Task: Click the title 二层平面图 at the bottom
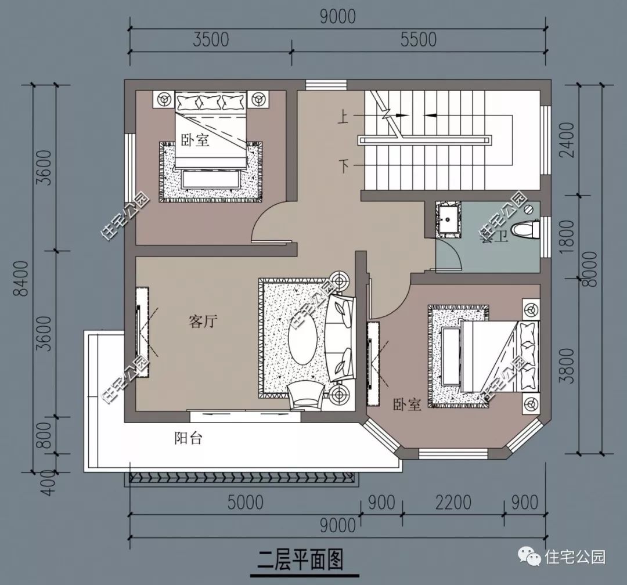pos(301,561)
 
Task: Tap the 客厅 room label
pos(203,321)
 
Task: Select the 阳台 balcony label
pos(188,438)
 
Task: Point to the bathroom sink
pos(448,220)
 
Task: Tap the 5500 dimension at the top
pos(418,39)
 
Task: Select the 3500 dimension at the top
pos(210,39)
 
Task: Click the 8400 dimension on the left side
pos(22,277)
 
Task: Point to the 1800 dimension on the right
pos(567,235)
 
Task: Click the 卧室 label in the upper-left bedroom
pos(194,140)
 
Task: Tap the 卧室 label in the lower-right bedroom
pos(406,405)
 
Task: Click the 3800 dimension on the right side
pos(567,367)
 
